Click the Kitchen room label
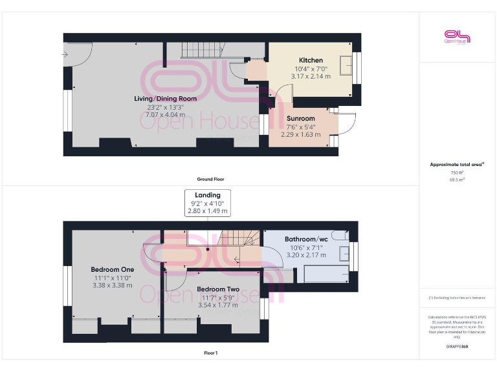click(x=311, y=60)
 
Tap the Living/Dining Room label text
click(x=165, y=99)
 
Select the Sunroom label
click(x=301, y=118)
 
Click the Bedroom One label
click(x=112, y=269)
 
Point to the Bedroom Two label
click(x=218, y=289)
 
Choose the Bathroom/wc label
click(x=305, y=239)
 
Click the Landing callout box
click(x=207, y=203)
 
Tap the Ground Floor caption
click(x=210, y=179)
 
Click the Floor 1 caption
click(x=210, y=353)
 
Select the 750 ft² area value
click(x=458, y=172)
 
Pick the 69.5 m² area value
click(x=458, y=180)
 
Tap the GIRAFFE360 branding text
click(x=458, y=347)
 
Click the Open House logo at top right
click(x=457, y=36)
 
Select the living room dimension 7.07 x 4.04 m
click(x=165, y=114)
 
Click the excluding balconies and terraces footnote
click(x=458, y=298)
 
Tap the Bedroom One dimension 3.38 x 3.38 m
click(x=112, y=285)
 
